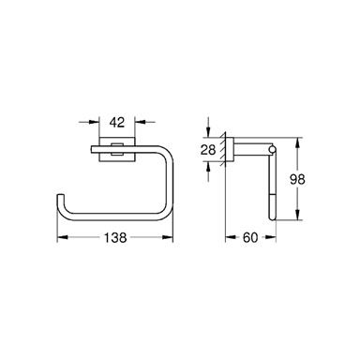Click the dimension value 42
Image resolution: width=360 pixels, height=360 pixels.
tap(117, 122)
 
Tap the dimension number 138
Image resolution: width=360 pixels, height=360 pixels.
tap(115, 238)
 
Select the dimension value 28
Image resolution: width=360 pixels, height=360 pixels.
tap(208, 150)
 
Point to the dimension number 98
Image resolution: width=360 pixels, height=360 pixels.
tap(297, 179)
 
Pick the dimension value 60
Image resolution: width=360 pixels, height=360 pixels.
tap(250, 238)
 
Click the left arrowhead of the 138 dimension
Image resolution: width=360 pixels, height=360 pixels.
tap(62, 237)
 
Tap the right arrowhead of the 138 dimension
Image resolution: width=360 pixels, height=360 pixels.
tap(168, 237)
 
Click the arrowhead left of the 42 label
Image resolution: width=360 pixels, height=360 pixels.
tap(95, 122)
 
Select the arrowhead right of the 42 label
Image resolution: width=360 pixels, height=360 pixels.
tap(140, 122)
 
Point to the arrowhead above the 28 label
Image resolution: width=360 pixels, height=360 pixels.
tap(208, 132)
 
